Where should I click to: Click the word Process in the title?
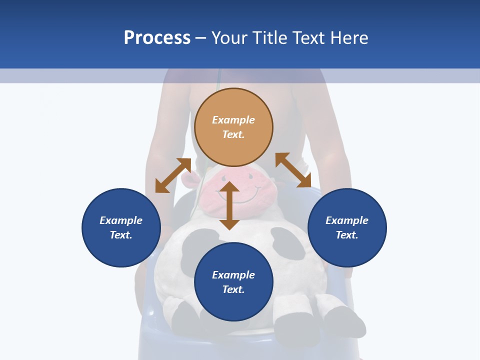click(x=157, y=38)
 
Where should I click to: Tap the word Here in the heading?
click(x=348, y=38)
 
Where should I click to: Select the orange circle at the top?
click(x=233, y=127)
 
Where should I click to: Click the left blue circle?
click(x=121, y=227)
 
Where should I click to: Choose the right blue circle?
click(x=347, y=227)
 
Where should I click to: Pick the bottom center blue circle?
click(x=233, y=282)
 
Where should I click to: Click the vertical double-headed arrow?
click(x=229, y=205)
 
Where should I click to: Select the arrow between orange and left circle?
click(x=173, y=175)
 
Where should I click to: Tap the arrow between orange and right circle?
click(x=293, y=170)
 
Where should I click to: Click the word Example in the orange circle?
click(x=233, y=120)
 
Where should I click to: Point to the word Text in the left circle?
click(x=120, y=235)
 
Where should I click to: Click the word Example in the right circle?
click(x=347, y=220)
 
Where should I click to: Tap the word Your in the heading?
click(x=228, y=38)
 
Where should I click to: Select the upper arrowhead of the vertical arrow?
click(x=229, y=187)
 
